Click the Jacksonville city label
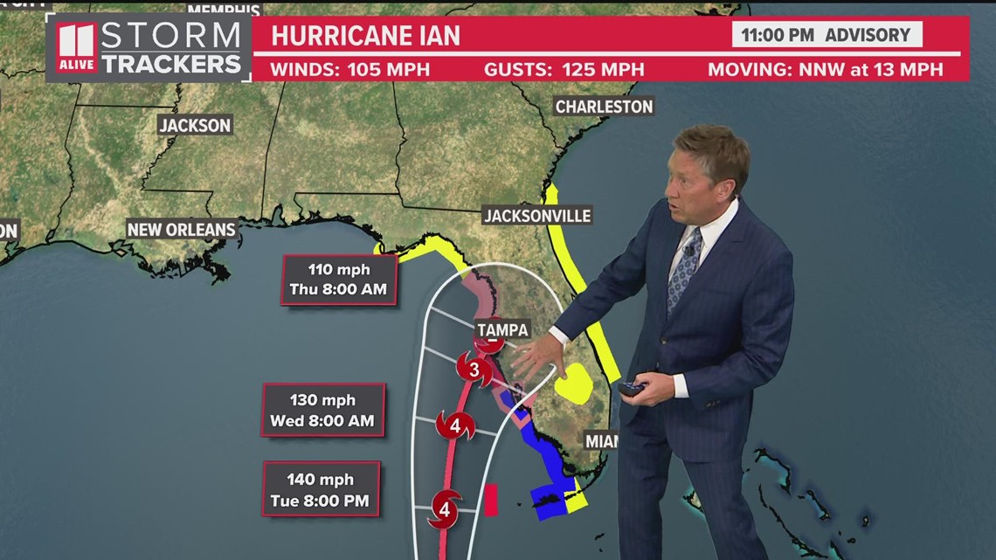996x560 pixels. pos(537,216)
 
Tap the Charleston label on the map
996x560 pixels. pos(604,107)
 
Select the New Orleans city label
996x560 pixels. pos(182,230)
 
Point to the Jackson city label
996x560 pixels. pos(195,125)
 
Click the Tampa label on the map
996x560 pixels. pos(501,329)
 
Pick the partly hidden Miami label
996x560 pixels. pos(601,441)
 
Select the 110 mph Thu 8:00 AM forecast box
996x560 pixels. pos(339,280)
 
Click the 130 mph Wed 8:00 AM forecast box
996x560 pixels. pos(322,411)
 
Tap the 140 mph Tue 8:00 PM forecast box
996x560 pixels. pos(321,490)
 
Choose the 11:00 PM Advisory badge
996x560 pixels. pos(827,35)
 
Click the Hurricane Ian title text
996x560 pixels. pos(365,36)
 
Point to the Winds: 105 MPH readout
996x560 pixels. pos(349,69)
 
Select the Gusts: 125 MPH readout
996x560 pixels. pos(564,69)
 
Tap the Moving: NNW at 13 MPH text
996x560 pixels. pos(825,69)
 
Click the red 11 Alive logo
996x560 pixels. pos(76,48)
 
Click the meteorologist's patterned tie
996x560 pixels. pos(683,271)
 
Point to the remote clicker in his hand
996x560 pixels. pos(631,388)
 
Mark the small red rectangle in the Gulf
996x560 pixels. pos(491,500)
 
